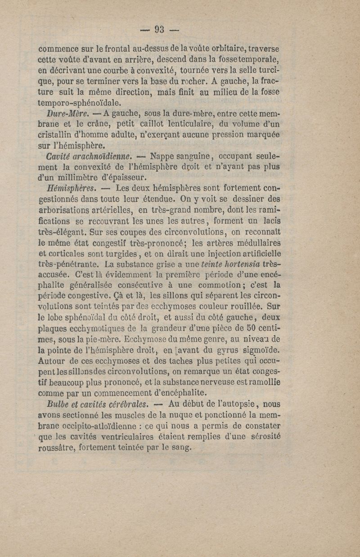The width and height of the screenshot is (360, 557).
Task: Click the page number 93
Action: [x=160, y=30]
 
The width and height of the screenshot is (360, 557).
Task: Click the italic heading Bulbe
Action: [x=58, y=403]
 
